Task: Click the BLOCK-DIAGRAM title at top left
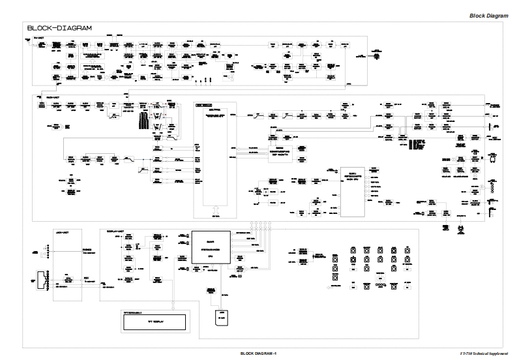coord(59,28)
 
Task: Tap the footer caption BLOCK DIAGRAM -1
coord(259,353)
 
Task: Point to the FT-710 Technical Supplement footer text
coord(484,353)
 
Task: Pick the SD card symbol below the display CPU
coord(222,318)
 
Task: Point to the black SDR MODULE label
coord(205,104)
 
